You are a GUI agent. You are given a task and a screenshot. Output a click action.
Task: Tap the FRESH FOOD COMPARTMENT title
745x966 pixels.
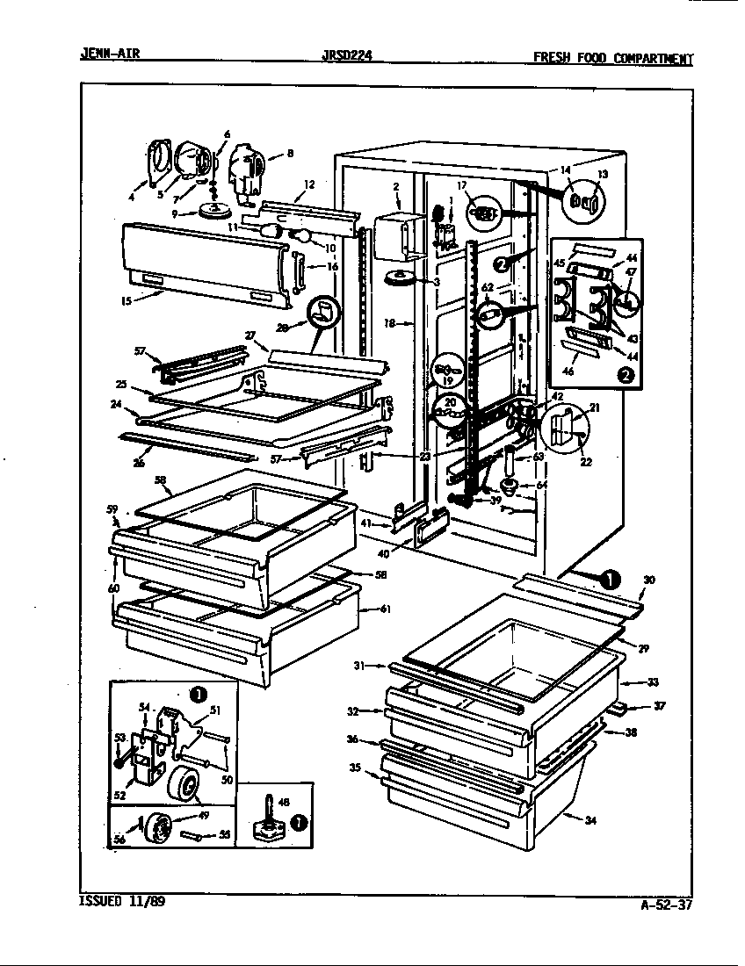coord(613,59)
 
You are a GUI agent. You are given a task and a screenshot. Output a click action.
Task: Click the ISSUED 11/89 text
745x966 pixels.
coord(115,901)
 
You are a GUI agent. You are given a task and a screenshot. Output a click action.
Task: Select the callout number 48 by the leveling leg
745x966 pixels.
coord(283,802)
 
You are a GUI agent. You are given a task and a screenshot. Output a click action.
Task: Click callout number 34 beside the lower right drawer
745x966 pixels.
coord(590,821)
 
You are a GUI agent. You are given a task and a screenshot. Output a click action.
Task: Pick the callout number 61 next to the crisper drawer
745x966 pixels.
coord(386,608)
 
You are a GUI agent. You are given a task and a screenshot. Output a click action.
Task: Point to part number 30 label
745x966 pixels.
coord(648,580)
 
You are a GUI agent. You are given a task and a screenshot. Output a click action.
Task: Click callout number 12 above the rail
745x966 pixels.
coord(308,184)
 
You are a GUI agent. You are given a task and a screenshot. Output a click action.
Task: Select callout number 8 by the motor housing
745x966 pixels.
coord(290,154)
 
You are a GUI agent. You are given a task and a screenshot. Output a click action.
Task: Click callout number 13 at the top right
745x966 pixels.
coord(602,174)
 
